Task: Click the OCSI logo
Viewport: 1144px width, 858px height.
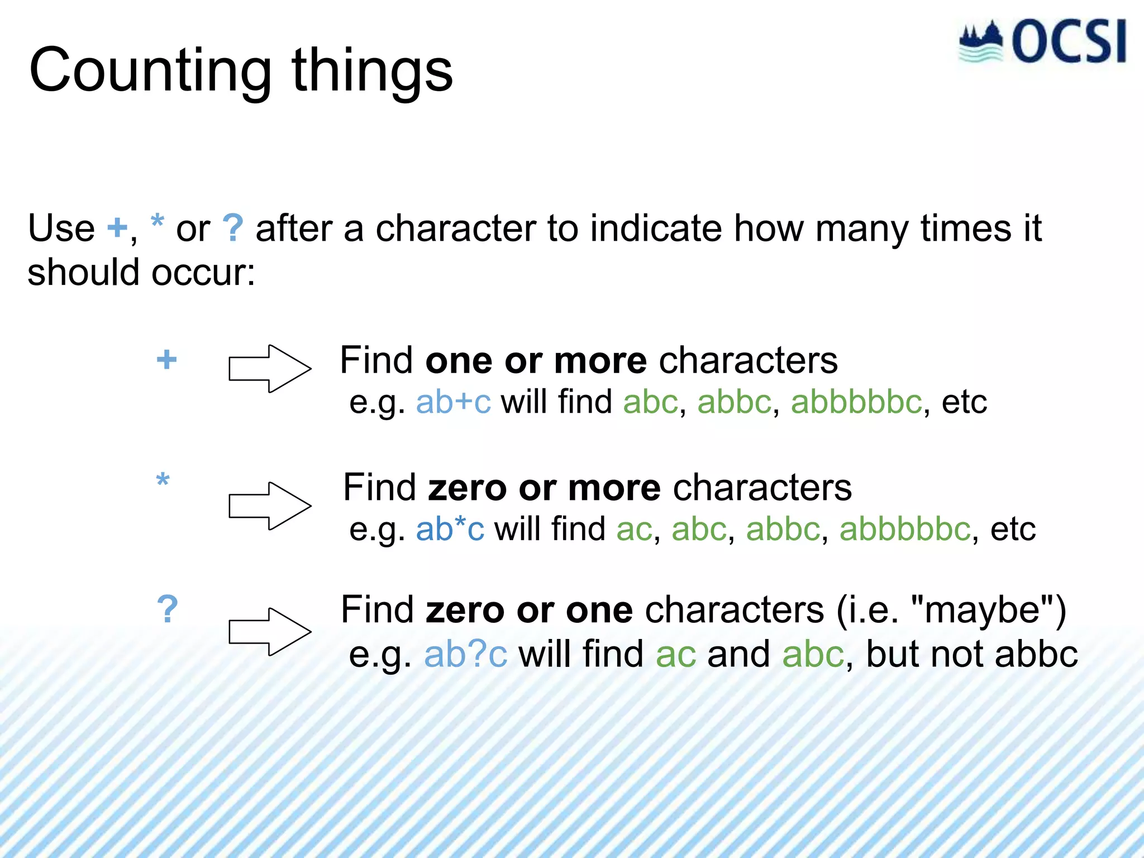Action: coord(1042,42)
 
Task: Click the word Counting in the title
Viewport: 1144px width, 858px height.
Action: coord(150,71)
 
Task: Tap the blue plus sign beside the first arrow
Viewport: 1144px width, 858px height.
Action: coord(166,359)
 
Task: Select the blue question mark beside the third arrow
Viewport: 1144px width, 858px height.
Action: coord(167,609)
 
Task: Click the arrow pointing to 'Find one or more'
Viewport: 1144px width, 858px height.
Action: coord(270,369)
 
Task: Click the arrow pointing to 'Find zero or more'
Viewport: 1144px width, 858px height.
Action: coord(270,506)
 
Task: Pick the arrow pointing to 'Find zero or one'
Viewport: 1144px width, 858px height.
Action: coord(270,632)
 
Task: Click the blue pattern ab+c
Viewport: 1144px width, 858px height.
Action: coord(453,402)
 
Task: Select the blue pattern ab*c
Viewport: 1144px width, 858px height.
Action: coord(450,529)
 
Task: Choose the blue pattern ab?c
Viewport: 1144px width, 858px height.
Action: coord(465,655)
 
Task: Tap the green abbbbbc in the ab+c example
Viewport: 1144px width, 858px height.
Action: coord(856,402)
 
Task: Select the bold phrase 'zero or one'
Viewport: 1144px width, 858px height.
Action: coord(529,610)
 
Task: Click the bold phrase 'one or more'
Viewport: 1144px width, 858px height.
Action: coord(536,361)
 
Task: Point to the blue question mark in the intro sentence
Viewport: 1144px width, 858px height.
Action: coord(232,228)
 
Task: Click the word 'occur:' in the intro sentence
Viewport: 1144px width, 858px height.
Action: coord(203,273)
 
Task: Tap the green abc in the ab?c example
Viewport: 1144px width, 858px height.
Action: coord(813,655)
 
